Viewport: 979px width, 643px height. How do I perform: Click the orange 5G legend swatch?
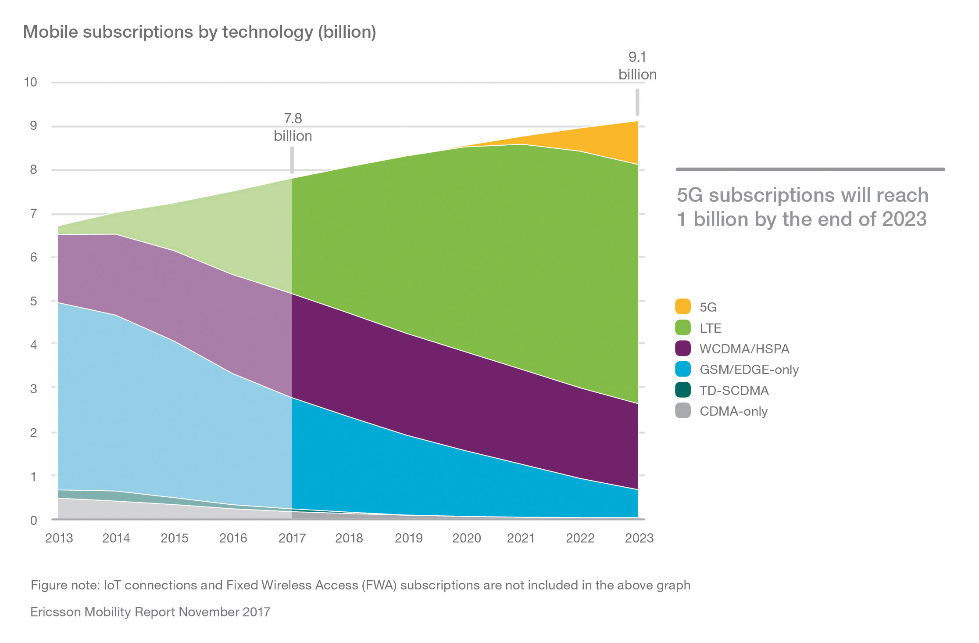point(682,306)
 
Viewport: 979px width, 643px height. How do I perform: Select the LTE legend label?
point(710,328)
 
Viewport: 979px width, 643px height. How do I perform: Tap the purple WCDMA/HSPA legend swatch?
point(682,348)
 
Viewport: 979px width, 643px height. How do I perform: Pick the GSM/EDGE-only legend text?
point(749,370)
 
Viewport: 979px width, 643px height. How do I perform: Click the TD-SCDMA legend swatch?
point(682,390)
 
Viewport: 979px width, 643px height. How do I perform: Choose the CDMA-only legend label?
point(733,411)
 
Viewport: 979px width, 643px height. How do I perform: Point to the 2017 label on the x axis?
point(292,538)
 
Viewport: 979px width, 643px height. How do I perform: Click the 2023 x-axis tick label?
point(639,538)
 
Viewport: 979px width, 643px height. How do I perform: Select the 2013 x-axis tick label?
point(59,538)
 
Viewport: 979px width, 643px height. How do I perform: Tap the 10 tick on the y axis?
point(31,82)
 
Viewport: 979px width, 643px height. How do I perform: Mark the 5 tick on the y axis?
point(33,301)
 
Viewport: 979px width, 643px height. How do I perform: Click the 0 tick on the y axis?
point(33,521)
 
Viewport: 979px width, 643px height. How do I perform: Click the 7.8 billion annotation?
point(293,127)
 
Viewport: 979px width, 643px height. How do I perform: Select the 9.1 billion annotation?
point(637,66)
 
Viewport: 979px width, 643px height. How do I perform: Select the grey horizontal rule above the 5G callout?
point(810,169)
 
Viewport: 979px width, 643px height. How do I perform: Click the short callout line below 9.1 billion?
point(637,102)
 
